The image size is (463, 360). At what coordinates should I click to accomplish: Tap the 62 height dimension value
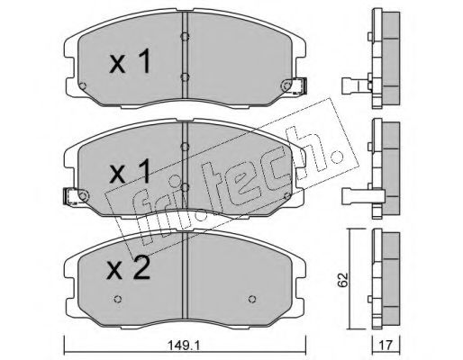(x=343, y=280)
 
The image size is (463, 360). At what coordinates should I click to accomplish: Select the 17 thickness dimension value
(x=386, y=346)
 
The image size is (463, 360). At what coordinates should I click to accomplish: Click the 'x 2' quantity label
(x=130, y=268)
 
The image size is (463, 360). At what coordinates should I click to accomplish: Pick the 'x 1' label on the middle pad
(x=130, y=171)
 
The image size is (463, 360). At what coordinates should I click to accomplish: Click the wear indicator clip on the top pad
(x=296, y=85)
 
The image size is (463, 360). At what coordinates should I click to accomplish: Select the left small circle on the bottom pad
(x=118, y=299)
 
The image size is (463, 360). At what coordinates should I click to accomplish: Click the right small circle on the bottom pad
(x=252, y=299)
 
